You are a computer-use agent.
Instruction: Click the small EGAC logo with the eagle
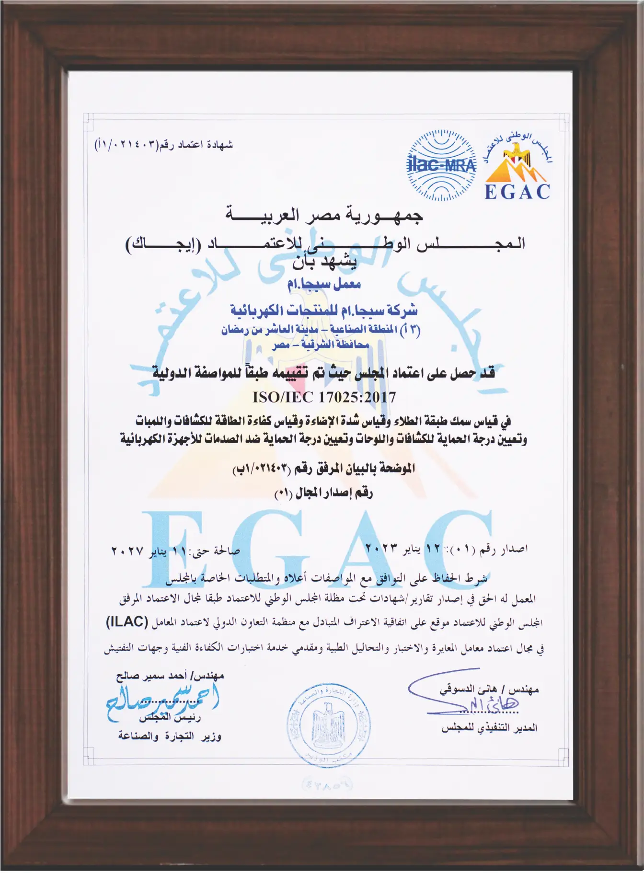pos(517,166)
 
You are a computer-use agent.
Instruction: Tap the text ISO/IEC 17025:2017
pos(324,397)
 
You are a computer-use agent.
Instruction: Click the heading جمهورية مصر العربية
pos(324,217)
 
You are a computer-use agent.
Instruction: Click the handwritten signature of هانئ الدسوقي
pos(460,701)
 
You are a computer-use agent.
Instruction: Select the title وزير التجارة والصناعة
pos(170,736)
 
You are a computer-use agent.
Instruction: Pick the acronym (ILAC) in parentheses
pos(126,622)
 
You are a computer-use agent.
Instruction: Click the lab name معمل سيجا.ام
pos(324,284)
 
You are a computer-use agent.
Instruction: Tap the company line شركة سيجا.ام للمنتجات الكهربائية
pos(324,310)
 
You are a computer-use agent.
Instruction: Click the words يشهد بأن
pos(325,262)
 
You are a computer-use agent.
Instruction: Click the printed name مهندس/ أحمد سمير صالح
pos(170,677)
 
